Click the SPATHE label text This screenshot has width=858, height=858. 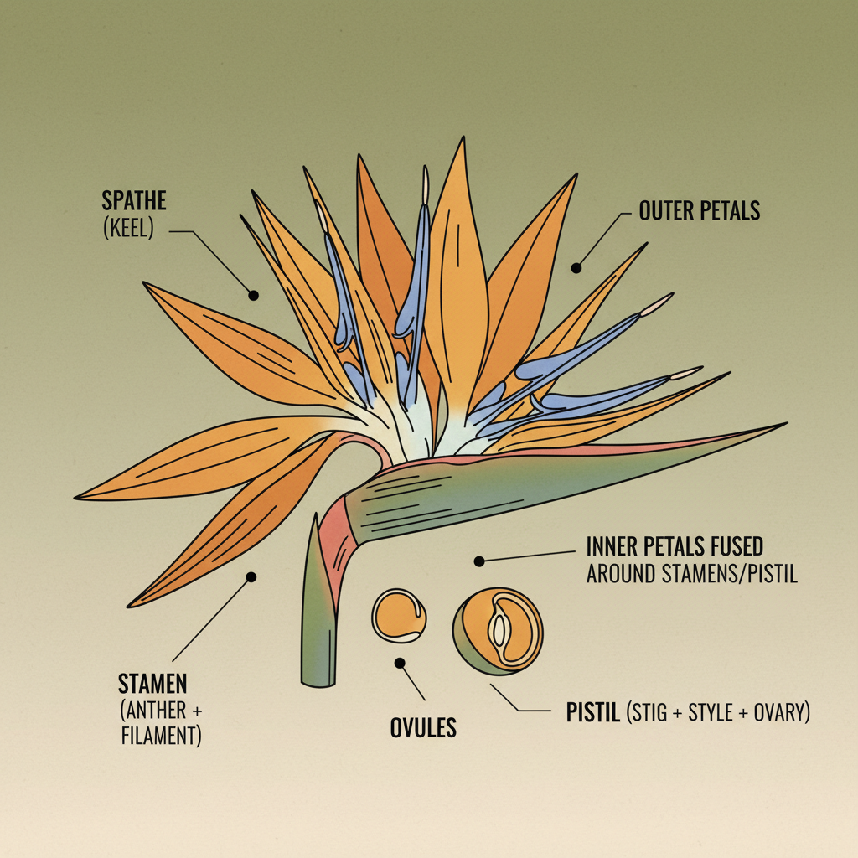135,200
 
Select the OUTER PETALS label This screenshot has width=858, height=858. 700,210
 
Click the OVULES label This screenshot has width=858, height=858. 423,727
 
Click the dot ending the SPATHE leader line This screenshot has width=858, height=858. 253,295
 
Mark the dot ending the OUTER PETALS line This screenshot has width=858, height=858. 576,268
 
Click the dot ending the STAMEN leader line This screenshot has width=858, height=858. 250,576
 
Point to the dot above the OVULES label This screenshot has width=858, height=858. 400,663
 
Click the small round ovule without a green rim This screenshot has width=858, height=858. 399,616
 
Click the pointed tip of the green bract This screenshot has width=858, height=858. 784,425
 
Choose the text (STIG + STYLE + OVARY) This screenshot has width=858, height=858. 718,714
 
